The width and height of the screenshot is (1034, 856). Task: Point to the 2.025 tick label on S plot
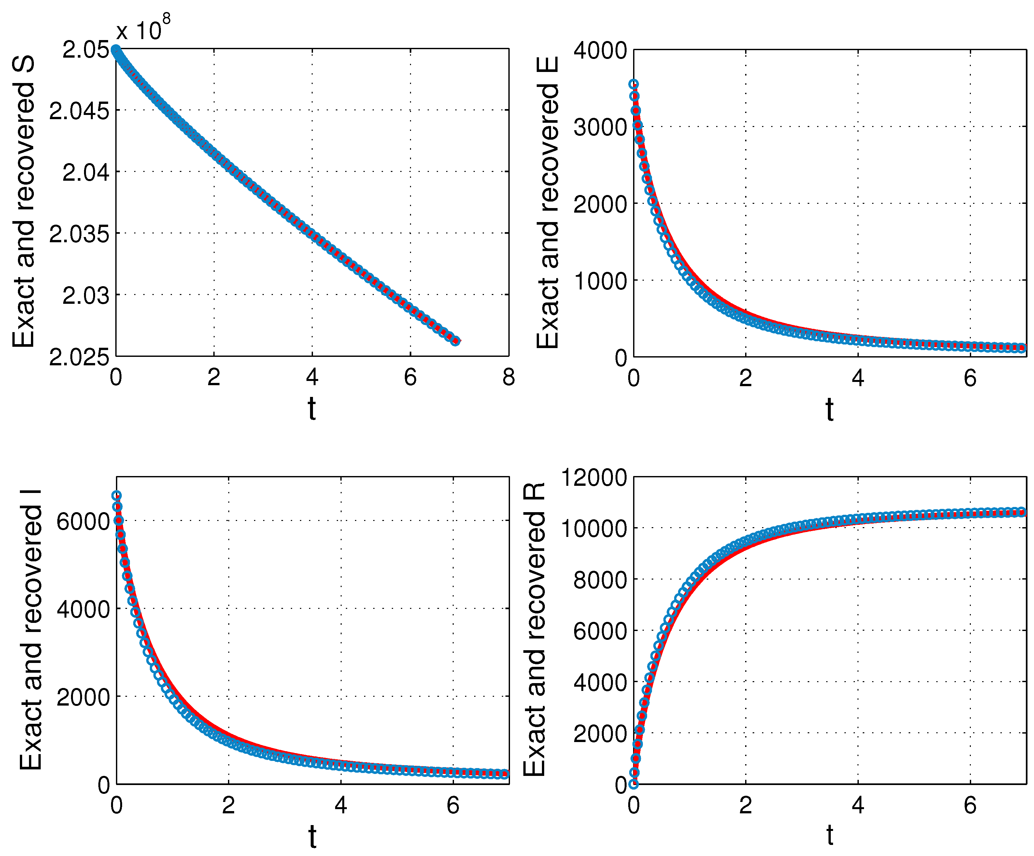point(79,357)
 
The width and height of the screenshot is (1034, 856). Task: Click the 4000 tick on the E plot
point(600,51)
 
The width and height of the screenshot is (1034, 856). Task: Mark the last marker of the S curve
point(456,341)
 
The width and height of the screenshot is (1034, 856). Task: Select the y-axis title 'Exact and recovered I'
point(31,630)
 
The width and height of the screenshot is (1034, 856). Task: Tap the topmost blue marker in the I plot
point(116,496)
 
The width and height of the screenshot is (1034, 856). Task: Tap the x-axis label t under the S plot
point(312,409)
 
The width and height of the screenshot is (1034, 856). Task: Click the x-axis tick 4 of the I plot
point(341,805)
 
